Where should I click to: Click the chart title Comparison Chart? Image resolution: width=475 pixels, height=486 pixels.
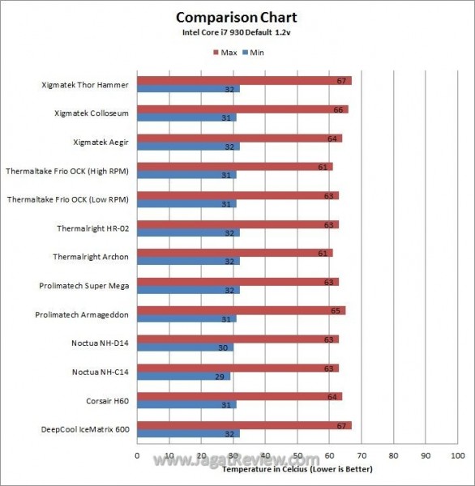[x=237, y=17]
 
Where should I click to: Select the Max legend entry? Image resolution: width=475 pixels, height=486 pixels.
[x=227, y=53]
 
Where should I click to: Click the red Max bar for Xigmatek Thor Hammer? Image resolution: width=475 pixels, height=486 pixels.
[x=243, y=81]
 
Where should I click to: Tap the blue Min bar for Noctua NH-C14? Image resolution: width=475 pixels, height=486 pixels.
[x=183, y=376]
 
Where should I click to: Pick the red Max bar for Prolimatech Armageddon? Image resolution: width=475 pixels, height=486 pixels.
[x=241, y=310]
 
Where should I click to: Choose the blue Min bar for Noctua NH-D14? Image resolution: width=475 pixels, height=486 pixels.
[x=185, y=347]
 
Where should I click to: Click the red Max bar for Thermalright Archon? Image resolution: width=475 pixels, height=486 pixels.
[x=234, y=253]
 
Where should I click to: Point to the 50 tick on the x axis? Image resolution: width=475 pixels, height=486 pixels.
[x=297, y=455]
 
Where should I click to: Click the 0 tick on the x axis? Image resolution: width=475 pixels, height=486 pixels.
[x=137, y=455]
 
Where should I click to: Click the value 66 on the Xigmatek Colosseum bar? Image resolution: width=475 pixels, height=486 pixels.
[x=339, y=109]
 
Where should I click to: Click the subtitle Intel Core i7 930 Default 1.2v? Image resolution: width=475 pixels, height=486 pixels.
[x=237, y=33]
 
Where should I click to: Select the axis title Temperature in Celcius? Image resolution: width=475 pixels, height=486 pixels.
[x=292, y=469]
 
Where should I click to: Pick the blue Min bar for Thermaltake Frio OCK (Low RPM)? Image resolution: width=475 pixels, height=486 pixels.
[x=186, y=204]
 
